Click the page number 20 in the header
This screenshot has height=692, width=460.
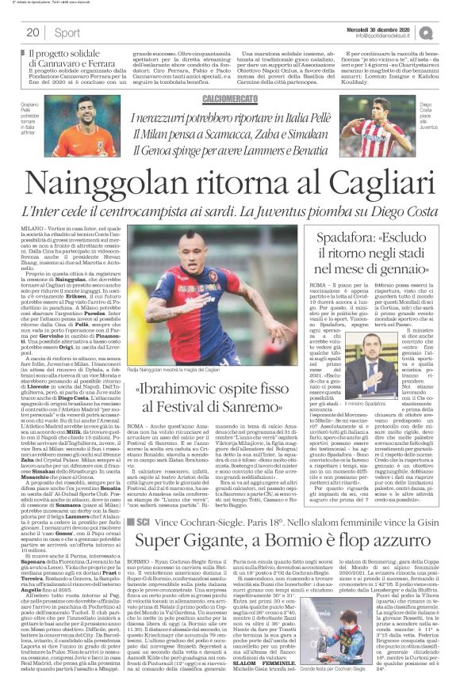(x=33, y=32)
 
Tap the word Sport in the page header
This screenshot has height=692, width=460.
(x=68, y=32)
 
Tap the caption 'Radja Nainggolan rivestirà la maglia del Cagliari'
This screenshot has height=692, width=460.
(x=196, y=371)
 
